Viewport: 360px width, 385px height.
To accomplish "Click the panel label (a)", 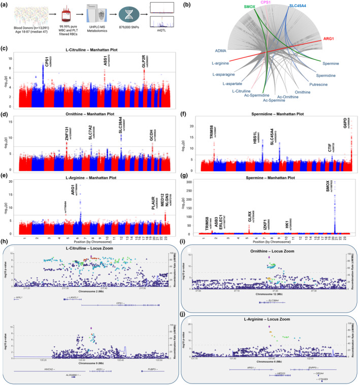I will click(5, 4).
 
